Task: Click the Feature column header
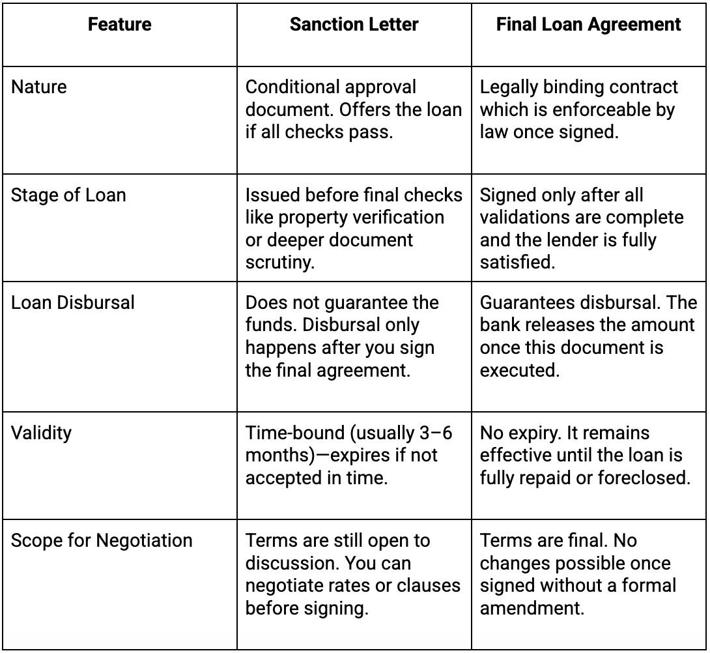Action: [120, 25]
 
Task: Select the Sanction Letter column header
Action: [354, 25]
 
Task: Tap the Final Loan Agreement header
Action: [589, 25]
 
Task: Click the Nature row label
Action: [39, 87]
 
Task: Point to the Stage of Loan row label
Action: [68, 196]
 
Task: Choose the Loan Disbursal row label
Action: [73, 302]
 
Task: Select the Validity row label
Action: [41, 433]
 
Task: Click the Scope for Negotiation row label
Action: [102, 541]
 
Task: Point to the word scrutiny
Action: [280, 263]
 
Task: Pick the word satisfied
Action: [517, 263]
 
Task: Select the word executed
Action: [519, 371]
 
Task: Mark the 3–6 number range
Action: [436, 433]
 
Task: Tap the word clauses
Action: [429, 585]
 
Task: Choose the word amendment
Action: [532, 608]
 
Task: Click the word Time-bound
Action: [295, 433]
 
